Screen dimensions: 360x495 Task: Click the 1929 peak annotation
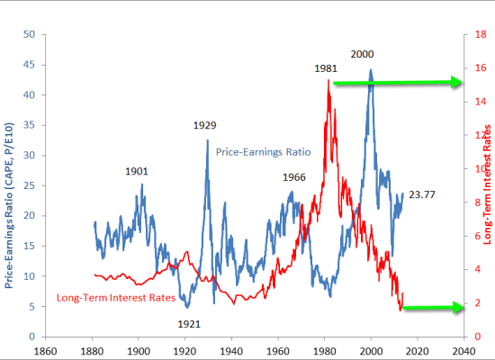(x=204, y=125)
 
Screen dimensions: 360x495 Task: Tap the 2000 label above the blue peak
(x=363, y=54)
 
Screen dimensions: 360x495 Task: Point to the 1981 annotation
(x=326, y=68)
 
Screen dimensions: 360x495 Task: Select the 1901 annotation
(x=137, y=171)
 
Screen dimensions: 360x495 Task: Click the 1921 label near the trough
(x=189, y=323)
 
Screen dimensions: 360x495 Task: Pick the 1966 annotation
(x=294, y=177)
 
